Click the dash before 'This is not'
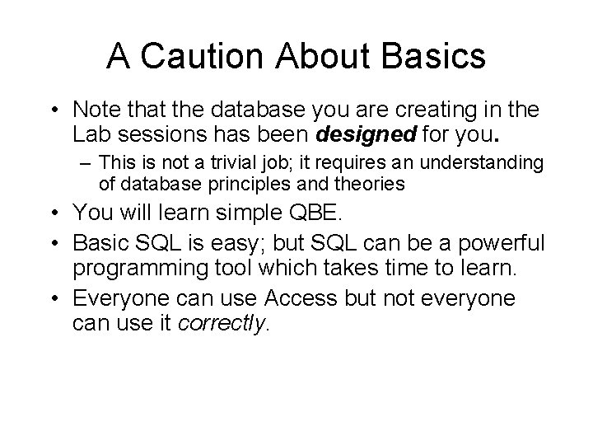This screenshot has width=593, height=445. click(86, 164)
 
